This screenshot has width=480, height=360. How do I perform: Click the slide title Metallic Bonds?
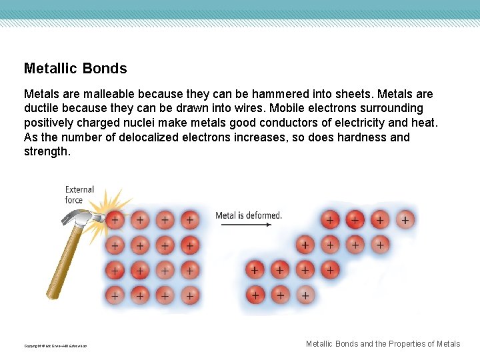pyautogui.click(x=75, y=69)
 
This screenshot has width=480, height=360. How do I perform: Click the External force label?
pyautogui.click(x=79, y=195)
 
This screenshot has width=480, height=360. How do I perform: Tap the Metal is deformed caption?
pyautogui.click(x=249, y=215)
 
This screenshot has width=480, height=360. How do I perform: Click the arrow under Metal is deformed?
pyautogui.click(x=246, y=225)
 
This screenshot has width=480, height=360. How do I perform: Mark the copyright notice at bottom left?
pyautogui.click(x=55, y=346)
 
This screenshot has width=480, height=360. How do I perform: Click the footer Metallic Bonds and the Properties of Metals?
pyautogui.click(x=383, y=344)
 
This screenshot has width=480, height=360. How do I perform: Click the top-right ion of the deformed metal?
pyautogui.click(x=405, y=219)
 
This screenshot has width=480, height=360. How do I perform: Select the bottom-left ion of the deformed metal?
pyautogui.click(x=254, y=294)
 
